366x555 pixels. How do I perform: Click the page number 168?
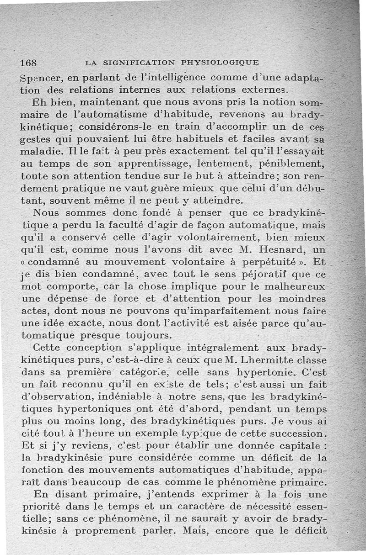[x=29, y=63]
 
